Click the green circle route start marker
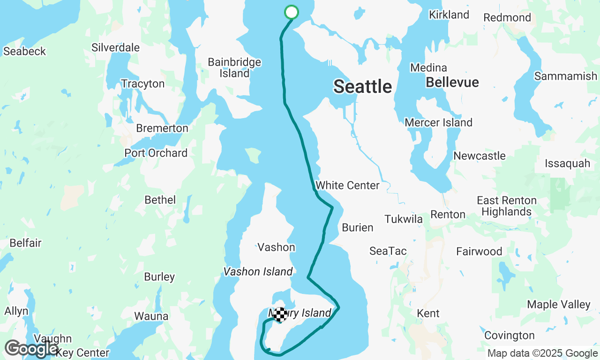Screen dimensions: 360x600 pyautogui.click(x=292, y=12)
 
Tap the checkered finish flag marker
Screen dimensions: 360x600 pyautogui.click(x=280, y=315)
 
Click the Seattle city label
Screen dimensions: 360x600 pyautogui.click(x=362, y=86)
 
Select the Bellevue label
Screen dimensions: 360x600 pyautogui.click(x=452, y=82)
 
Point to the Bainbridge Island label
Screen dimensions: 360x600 pyautogui.click(x=234, y=68)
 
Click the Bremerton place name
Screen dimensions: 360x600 pyautogui.click(x=162, y=128)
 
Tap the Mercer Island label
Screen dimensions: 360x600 pyautogui.click(x=438, y=122)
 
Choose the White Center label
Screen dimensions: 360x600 pyautogui.click(x=347, y=185)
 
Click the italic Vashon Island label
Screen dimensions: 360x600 pyautogui.click(x=258, y=271)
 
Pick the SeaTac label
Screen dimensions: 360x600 pyautogui.click(x=388, y=251)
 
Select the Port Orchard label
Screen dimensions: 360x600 pyautogui.click(x=156, y=153)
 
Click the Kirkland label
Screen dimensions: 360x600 pyautogui.click(x=449, y=15)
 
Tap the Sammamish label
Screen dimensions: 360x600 pyautogui.click(x=565, y=75)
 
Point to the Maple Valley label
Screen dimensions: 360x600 pyautogui.click(x=559, y=304)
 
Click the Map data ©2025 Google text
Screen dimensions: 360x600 pyautogui.click(x=542, y=353)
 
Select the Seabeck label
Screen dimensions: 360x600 pyautogui.click(x=24, y=51)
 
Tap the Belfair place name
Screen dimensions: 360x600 pyautogui.click(x=25, y=243)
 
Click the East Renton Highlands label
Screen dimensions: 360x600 pyautogui.click(x=506, y=206)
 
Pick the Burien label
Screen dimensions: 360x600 pyautogui.click(x=357, y=227)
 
